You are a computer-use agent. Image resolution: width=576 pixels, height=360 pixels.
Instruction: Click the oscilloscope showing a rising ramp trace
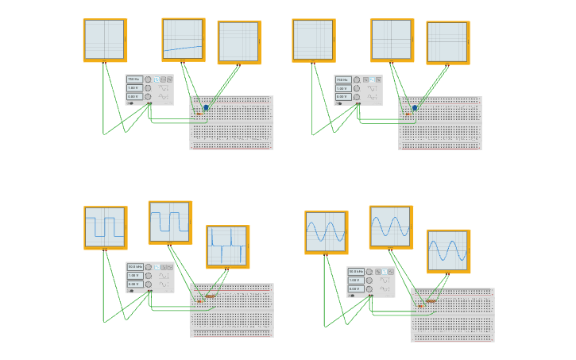(x=183, y=39)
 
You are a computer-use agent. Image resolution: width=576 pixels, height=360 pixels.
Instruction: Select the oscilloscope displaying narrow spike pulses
(x=227, y=246)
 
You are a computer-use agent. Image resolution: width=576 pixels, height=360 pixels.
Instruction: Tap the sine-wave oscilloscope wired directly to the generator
(x=326, y=231)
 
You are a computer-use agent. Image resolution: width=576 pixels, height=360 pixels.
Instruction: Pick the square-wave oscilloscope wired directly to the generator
(x=105, y=227)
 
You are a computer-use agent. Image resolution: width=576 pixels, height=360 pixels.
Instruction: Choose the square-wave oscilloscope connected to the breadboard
(x=170, y=222)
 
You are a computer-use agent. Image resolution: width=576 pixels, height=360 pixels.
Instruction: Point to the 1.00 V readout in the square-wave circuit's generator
(x=134, y=275)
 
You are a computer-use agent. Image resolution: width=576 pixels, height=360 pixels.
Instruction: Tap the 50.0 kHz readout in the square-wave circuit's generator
(x=134, y=267)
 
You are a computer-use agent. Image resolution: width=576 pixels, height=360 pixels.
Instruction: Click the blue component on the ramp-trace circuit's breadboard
(x=206, y=107)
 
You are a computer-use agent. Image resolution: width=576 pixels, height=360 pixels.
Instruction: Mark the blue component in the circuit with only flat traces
(x=415, y=107)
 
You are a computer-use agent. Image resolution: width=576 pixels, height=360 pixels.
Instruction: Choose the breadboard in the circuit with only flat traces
(x=439, y=123)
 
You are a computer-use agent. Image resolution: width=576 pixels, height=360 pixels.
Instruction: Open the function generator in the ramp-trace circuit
(x=149, y=89)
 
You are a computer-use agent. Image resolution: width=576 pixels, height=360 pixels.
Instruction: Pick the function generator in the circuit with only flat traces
(x=358, y=90)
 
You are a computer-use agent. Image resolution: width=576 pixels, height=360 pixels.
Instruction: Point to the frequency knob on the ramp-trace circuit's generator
(x=147, y=79)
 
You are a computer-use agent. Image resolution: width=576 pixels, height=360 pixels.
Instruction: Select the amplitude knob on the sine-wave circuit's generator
(x=368, y=281)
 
